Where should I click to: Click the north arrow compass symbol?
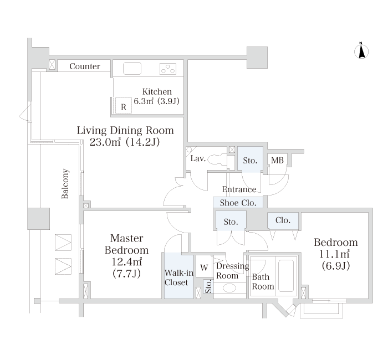click(x=361, y=51)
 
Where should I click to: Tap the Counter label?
click(x=85, y=66)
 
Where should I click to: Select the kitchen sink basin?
click(x=132, y=68)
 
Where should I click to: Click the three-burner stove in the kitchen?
click(x=168, y=69)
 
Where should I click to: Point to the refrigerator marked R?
click(x=124, y=106)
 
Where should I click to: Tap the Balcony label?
click(x=65, y=184)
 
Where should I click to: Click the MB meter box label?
click(x=277, y=161)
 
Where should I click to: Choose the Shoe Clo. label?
click(x=238, y=203)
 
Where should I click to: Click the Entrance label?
click(x=239, y=189)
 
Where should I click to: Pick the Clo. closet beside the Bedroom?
click(x=283, y=220)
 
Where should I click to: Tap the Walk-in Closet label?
click(x=178, y=277)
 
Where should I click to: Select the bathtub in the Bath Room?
click(x=286, y=275)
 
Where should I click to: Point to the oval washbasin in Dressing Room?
click(x=229, y=288)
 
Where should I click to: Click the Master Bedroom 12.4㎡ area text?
click(x=127, y=256)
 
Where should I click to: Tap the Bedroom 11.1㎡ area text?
click(x=336, y=254)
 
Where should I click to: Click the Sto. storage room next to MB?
click(x=250, y=160)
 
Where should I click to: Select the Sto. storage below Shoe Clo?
click(x=231, y=221)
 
